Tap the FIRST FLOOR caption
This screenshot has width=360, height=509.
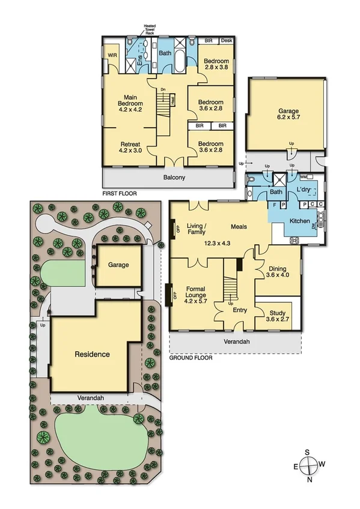click(x=120, y=194)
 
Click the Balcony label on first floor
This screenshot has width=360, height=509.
click(x=174, y=178)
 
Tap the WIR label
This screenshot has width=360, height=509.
click(x=112, y=55)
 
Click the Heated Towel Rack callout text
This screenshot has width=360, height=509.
click(x=149, y=29)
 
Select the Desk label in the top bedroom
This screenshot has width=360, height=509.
click(x=226, y=41)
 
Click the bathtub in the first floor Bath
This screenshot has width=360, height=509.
click(x=166, y=64)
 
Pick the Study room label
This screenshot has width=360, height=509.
click(x=278, y=313)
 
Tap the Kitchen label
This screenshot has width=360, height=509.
click(x=300, y=221)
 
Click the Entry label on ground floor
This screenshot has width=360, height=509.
click(x=240, y=310)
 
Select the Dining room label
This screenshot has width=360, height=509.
click(x=278, y=271)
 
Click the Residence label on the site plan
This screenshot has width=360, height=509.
click(x=92, y=354)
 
